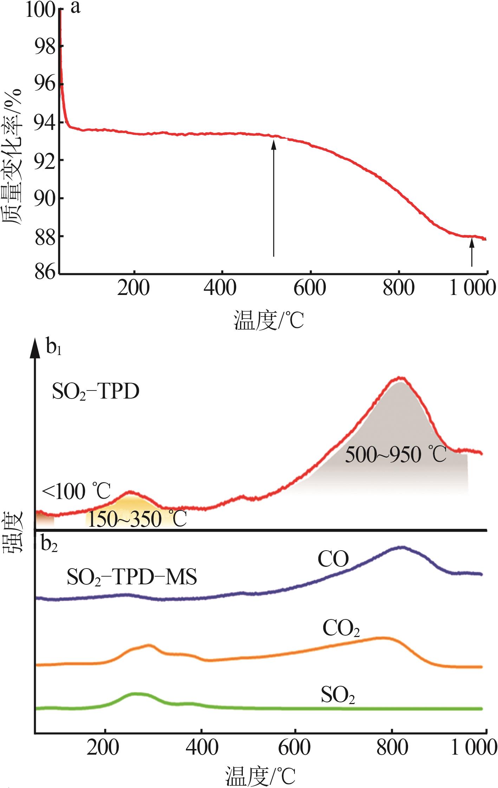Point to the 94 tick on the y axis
point(45,123)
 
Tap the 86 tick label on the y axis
point(45,273)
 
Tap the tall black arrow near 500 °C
point(273,197)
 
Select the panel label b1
point(53,348)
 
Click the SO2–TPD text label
point(96,392)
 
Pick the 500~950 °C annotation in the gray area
point(395,455)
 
